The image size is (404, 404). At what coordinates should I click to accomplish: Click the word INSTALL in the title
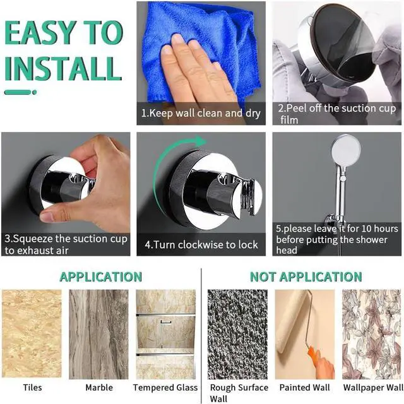pos(62,68)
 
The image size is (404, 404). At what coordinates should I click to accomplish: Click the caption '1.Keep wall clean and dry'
pos(200,114)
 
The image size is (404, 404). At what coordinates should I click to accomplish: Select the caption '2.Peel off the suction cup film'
pos(336,114)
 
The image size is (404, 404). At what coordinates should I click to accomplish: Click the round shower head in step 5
pos(345,149)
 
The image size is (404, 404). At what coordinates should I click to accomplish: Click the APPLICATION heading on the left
pos(100,276)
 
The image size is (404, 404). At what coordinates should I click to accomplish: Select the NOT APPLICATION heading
pos(306,276)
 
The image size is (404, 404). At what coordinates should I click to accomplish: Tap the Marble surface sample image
pos(98,334)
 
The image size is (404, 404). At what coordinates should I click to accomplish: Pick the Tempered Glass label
pos(165,388)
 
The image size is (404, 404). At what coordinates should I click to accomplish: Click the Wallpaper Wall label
pos(372,388)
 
